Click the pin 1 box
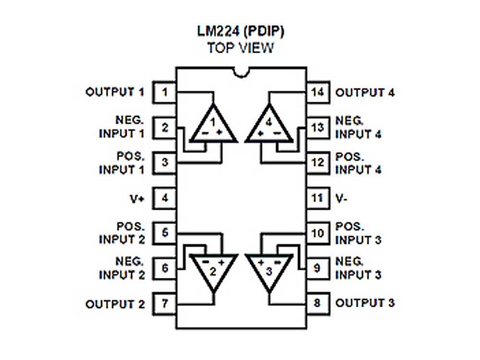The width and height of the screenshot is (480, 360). click(164, 92)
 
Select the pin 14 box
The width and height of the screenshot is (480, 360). click(317, 92)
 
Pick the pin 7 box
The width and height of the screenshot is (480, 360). click(164, 304)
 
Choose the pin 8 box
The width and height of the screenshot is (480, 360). click(317, 303)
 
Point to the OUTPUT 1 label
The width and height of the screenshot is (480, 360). click(115, 92)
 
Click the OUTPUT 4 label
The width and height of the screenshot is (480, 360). click(365, 93)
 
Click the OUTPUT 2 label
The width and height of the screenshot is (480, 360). click(115, 304)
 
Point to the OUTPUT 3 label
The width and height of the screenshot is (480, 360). click(365, 303)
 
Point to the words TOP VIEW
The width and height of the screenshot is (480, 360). click(241, 48)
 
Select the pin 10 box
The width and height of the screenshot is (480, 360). click(317, 233)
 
